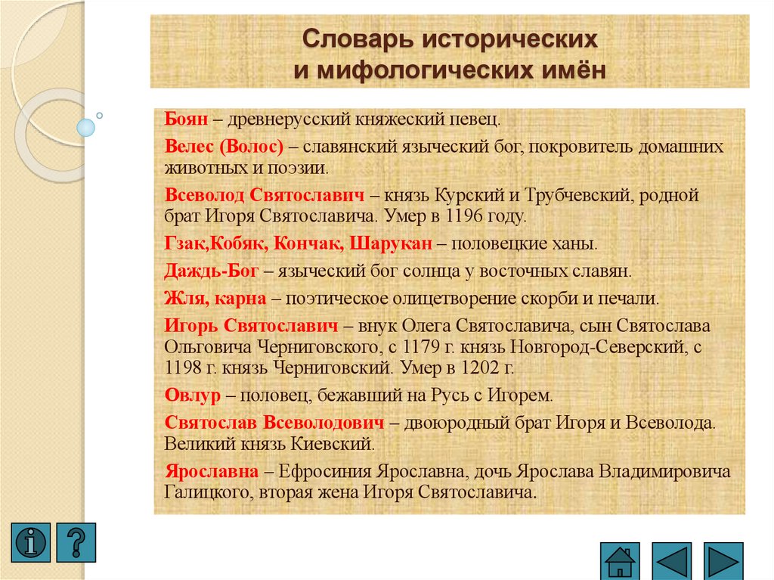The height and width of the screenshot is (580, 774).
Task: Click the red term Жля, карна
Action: coord(215,297)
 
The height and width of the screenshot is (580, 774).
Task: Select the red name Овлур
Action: coord(192,395)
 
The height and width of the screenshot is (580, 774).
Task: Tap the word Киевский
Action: coord(334,442)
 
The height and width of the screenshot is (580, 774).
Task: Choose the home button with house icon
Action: coord(620,561)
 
